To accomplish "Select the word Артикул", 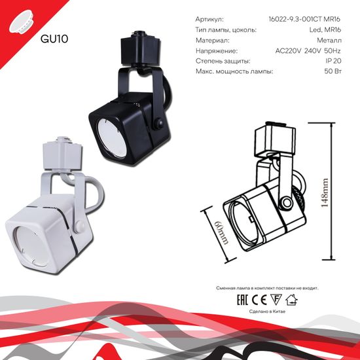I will [209, 19].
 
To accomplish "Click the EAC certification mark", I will [232, 302].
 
